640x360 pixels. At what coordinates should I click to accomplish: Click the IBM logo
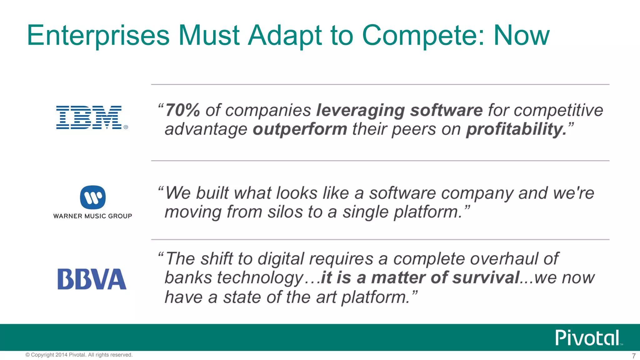pyautogui.click(x=89, y=117)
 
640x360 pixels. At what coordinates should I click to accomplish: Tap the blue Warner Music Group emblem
pyautogui.click(x=93, y=197)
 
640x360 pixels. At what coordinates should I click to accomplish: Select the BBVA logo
pyautogui.click(x=92, y=279)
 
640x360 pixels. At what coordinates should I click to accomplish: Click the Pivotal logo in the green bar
pyautogui.click(x=587, y=338)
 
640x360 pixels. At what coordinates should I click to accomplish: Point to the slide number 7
pyautogui.click(x=633, y=356)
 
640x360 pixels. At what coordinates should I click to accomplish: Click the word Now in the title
pyautogui.click(x=521, y=35)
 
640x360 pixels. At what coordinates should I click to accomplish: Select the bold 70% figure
pyautogui.click(x=182, y=110)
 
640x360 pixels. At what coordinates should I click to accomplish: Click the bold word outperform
pyautogui.click(x=300, y=129)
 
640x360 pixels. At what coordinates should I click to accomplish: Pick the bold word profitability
pyautogui.click(x=516, y=129)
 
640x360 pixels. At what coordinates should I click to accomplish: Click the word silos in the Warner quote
pyautogui.click(x=285, y=212)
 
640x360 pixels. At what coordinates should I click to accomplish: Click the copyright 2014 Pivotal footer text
pyautogui.click(x=79, y=355)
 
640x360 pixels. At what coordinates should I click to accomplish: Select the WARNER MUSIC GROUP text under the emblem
pyautogui.click(x=92, y=216)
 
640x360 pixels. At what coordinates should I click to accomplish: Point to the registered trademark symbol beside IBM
pyautogui.click(x=126, y=127)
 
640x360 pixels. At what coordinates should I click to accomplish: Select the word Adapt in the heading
pyautogui.click(x=285, y=35)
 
